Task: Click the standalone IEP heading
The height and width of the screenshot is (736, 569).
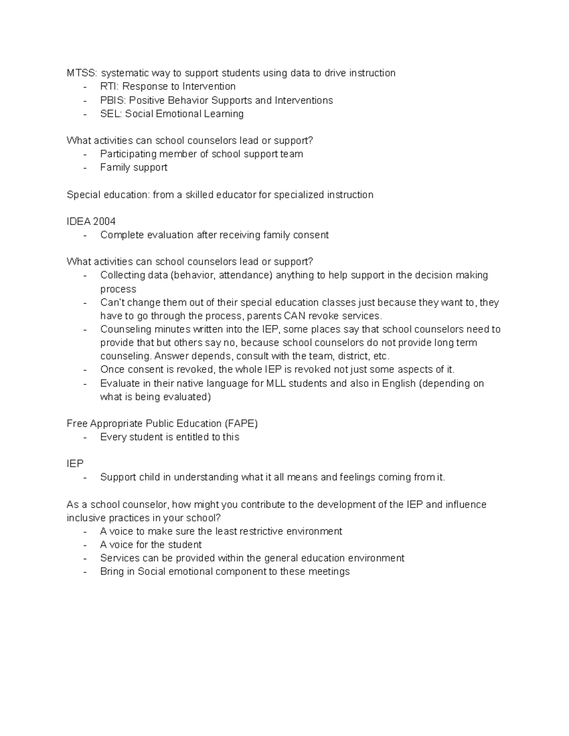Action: pyautogui.click(x=75, y=464)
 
